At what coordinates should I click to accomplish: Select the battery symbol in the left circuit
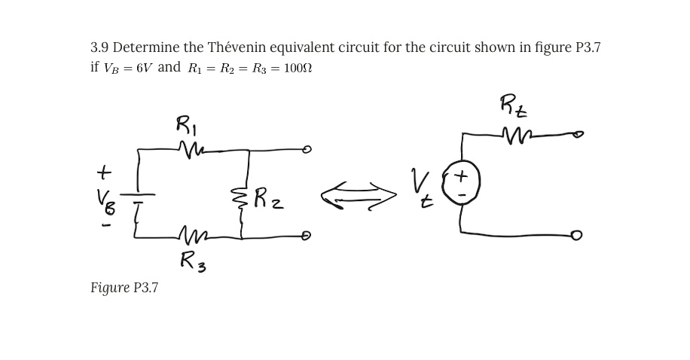(x=139, y=197)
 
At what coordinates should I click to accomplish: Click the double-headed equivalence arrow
(x=359, y=196)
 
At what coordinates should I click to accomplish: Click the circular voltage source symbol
(x=460, y=184)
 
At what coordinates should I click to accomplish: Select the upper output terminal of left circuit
(x=306, y=150)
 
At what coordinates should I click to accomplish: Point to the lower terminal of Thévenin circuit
(x=576, y=236)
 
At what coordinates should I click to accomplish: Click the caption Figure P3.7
(x=124, y=287)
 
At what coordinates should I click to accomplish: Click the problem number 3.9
(x=99, y=47)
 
